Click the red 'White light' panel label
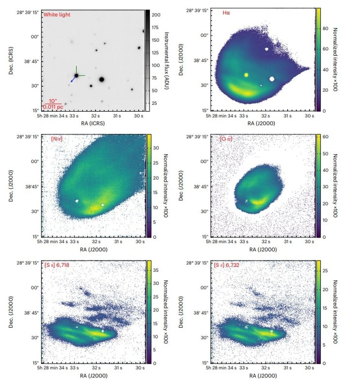[57, 15]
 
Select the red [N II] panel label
[56, 139]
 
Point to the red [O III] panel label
[226, 139]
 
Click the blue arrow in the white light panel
[72, 80]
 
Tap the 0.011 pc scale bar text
[53, 107]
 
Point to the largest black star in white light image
[102, 80]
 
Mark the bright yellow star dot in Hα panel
[247, 75]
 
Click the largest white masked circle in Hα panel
[272, 79]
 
